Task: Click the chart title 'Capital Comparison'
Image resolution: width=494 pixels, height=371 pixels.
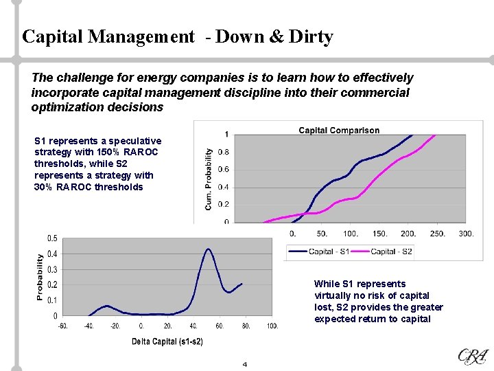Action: tap(339, 131)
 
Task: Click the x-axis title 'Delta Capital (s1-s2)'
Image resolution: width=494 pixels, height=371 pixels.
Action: tap(167, 341)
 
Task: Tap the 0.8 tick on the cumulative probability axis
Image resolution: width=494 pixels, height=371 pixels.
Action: tap(223, 152)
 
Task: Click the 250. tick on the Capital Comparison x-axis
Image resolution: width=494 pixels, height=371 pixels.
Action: tap(437, 234)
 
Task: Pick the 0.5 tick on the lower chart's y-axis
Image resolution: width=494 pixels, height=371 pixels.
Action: tap(51, 238)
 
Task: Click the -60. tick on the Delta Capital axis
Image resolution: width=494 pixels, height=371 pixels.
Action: tap(62, 326)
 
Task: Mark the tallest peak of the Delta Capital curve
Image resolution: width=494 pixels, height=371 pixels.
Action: tap(208, 249)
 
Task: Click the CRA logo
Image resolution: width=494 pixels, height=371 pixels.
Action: tap(473, 356)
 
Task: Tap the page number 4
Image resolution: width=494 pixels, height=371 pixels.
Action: tap(244, 364)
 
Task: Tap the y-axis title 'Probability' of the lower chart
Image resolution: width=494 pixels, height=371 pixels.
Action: tap(40, 277)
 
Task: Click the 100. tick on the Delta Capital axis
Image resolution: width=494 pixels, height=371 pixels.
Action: tap(272, 326)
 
